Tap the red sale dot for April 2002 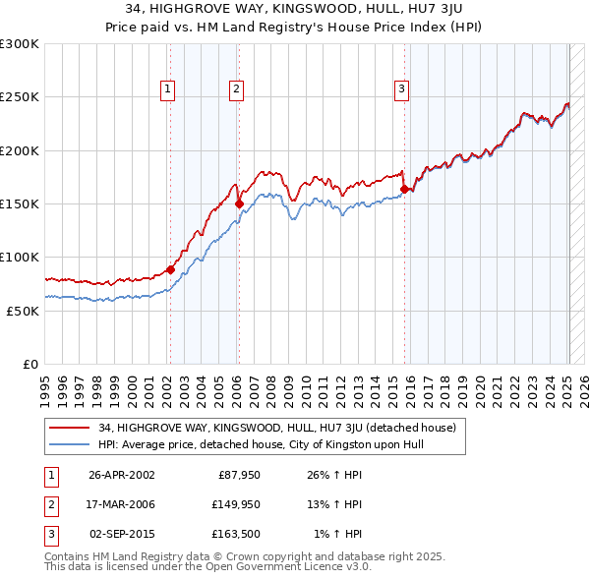(x=170, y=269)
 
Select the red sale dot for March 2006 (x=239, y=204)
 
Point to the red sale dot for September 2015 (x=404, y=190)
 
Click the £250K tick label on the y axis (x=20, y=97)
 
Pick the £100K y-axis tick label (x=20, y=257)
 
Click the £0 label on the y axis (x=29, y=364)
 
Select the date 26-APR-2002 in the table (x=122, y=475)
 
